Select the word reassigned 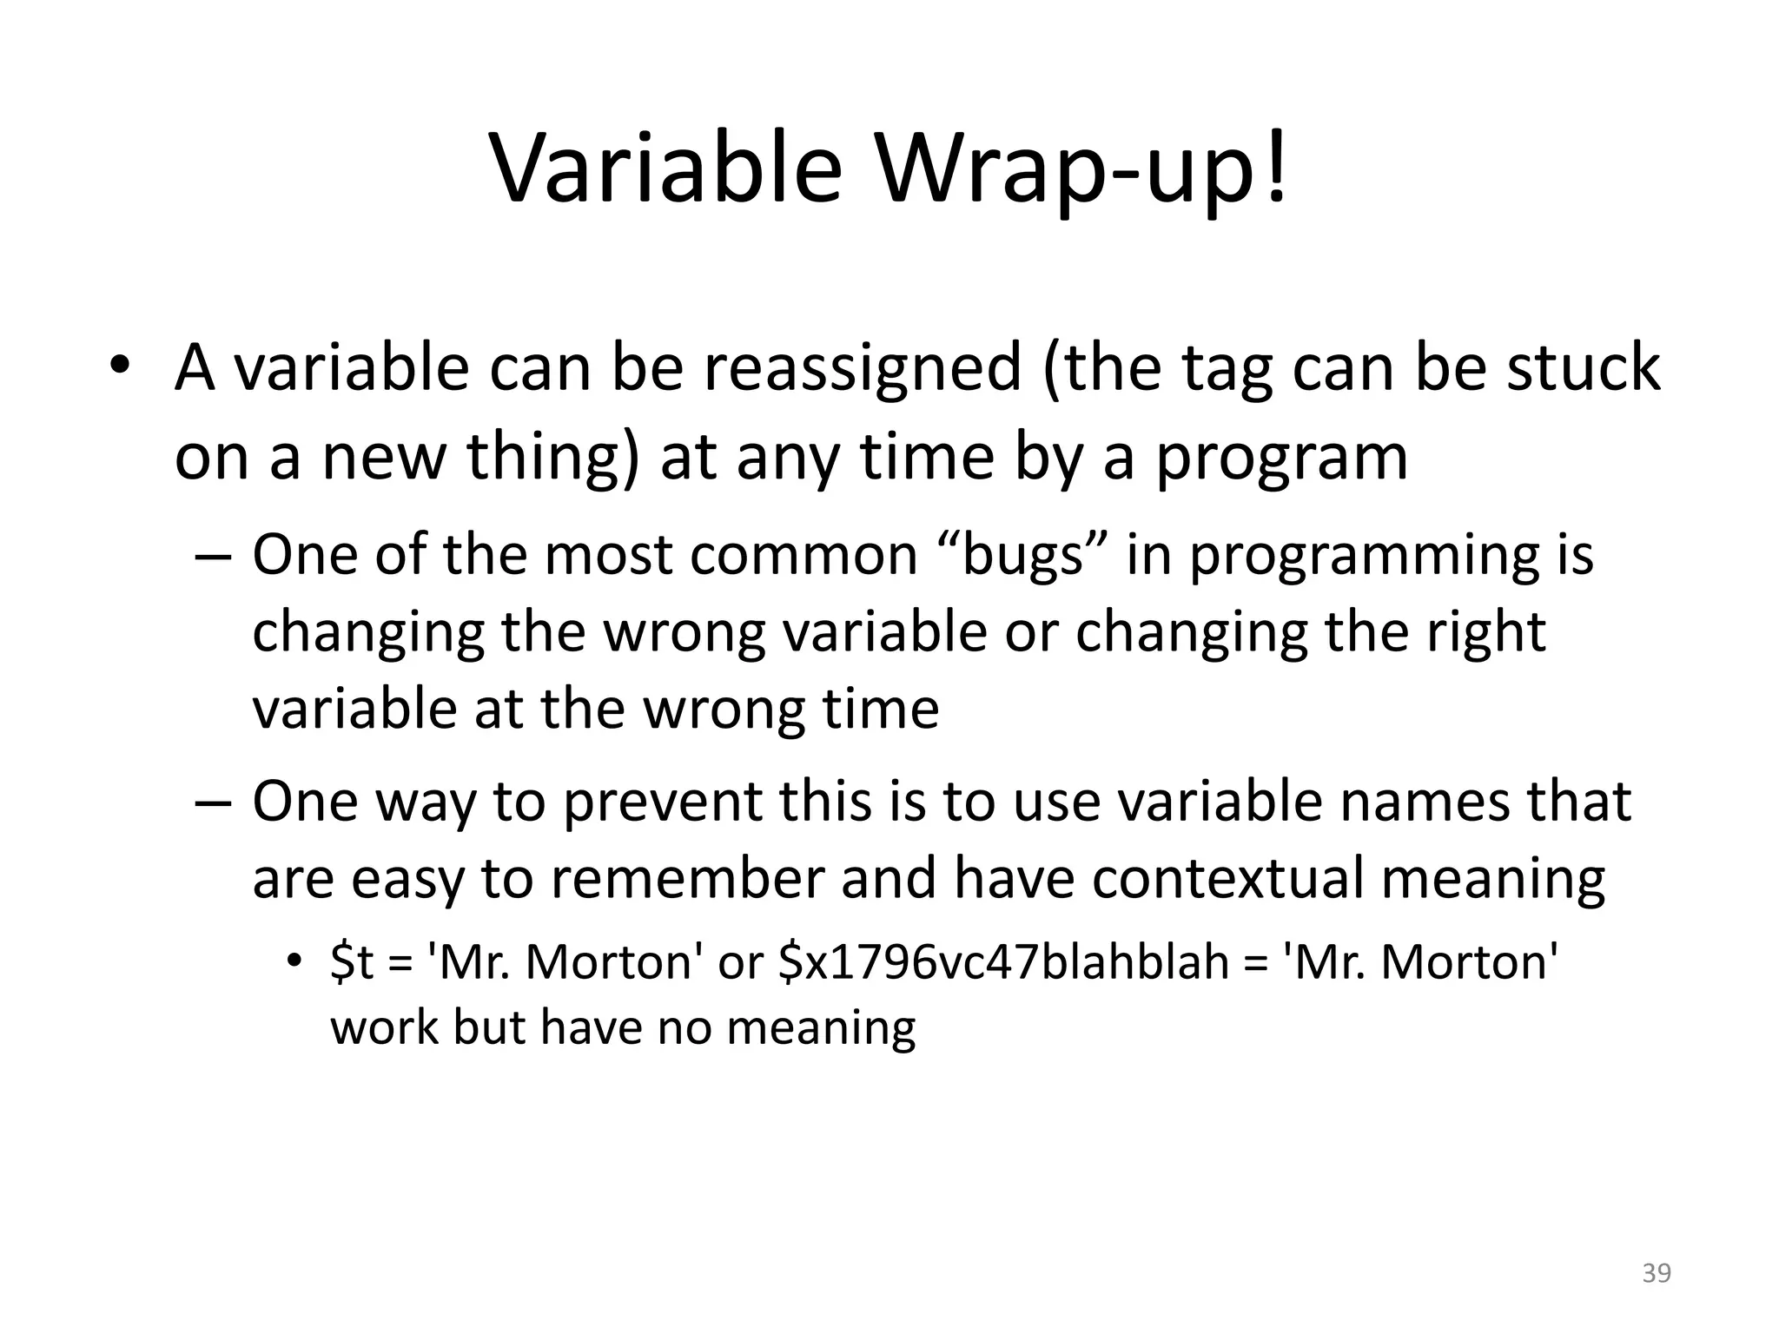[862, 368]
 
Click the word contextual [1228, 878]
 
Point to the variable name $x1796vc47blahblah [1004, 963]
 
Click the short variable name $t [351, 963]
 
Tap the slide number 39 [1657, 1273]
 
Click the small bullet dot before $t [294, 961]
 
